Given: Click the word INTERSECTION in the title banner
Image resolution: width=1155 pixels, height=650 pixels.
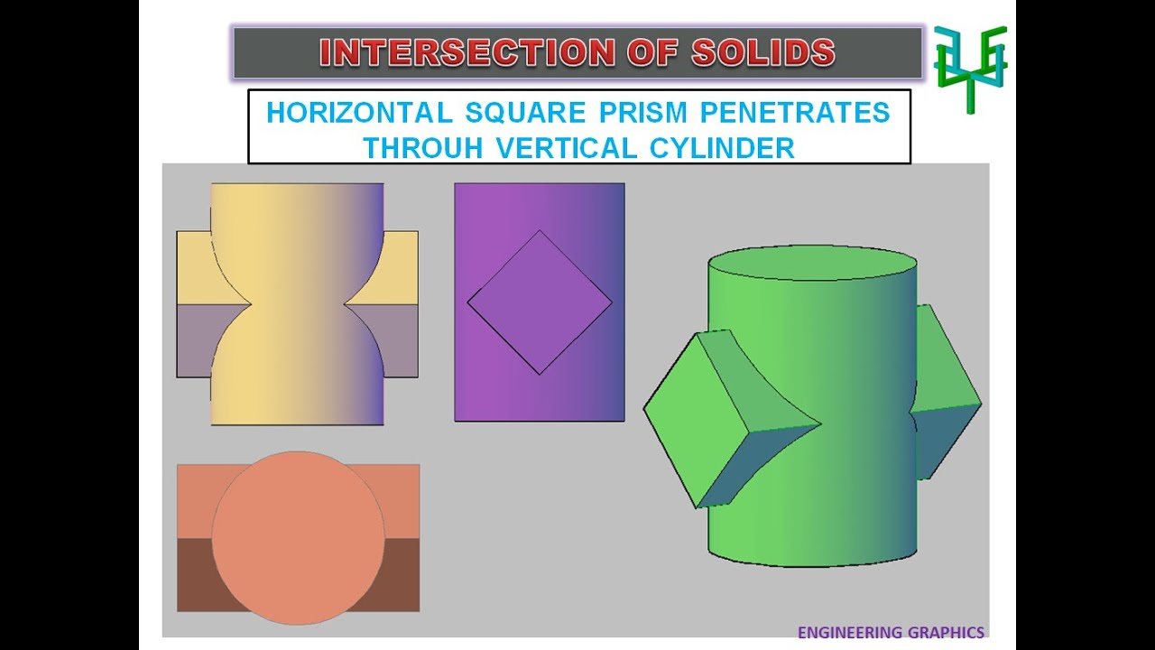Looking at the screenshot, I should (451, 52).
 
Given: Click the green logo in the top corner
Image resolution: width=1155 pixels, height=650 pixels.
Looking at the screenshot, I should (970, 68).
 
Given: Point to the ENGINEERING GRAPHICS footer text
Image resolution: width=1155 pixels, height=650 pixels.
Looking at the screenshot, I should (891, 633).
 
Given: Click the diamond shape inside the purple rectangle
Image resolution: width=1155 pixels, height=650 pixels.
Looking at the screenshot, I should (540, 302).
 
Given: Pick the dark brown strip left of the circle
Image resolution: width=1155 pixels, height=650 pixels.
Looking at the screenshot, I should (195, 574).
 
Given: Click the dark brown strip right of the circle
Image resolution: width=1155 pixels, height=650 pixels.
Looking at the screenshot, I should (404, 574).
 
